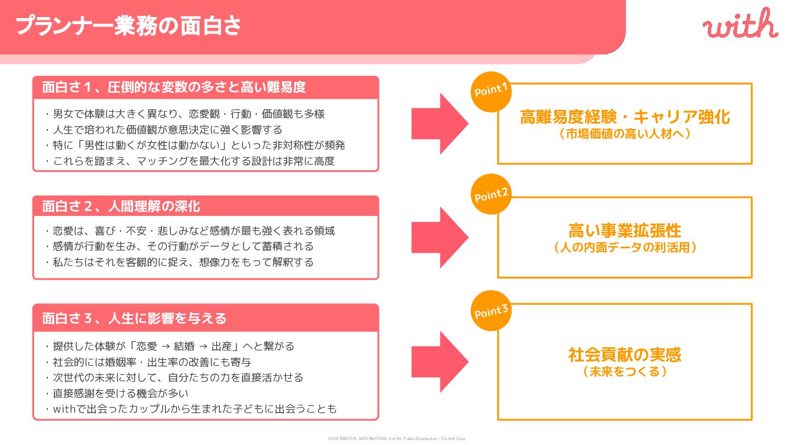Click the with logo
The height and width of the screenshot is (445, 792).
click(x=740, y=25)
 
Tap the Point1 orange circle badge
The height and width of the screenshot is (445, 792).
click(x=491, y=91)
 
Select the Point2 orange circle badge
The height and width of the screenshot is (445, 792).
click(x=491, y=194)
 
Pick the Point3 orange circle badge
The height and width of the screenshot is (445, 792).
click(x=491, y=311)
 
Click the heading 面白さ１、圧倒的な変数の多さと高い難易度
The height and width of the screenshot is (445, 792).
click(x=174, y=87)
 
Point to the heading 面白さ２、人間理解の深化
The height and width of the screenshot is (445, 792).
click(x=121, y=207)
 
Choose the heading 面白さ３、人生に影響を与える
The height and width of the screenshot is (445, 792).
click(x=134, y=318)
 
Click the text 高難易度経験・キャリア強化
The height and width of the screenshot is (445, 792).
click(x=625, y=117)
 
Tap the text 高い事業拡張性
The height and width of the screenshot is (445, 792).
click(x=625, y=231)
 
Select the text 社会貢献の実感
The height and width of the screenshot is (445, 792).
click(x=625, y=355)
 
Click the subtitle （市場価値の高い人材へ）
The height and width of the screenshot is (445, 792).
click(x=625, y=133)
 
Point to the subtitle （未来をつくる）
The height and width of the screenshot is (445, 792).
click(x=625, y=372)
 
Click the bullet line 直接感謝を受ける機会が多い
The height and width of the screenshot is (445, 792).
click(x=120, y=393)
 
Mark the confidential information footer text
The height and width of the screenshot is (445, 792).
click(x=397, y=438)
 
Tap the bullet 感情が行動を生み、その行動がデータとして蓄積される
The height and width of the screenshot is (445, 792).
click(x=183, y=246)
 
